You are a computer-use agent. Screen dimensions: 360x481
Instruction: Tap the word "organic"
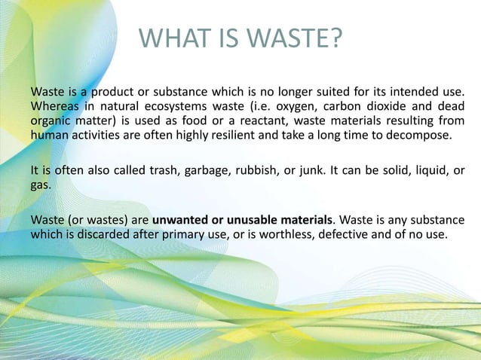click(x=50, y=121)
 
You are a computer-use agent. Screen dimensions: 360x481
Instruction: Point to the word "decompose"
click(x=424, y=136)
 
